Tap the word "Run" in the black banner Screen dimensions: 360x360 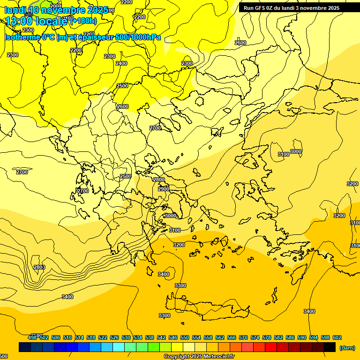(248, 8)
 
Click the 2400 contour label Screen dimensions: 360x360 (121, 63)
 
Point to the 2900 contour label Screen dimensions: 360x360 (164, 189)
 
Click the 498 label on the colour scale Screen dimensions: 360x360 (32, 337)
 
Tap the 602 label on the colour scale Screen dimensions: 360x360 (337, 337)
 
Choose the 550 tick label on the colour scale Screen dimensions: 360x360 (184, 337)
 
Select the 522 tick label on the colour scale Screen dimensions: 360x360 (103, 337)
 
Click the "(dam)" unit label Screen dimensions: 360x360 (346, 348)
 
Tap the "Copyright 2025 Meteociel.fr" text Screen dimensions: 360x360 (199, 357)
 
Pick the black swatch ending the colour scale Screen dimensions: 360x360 (330, 347)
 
